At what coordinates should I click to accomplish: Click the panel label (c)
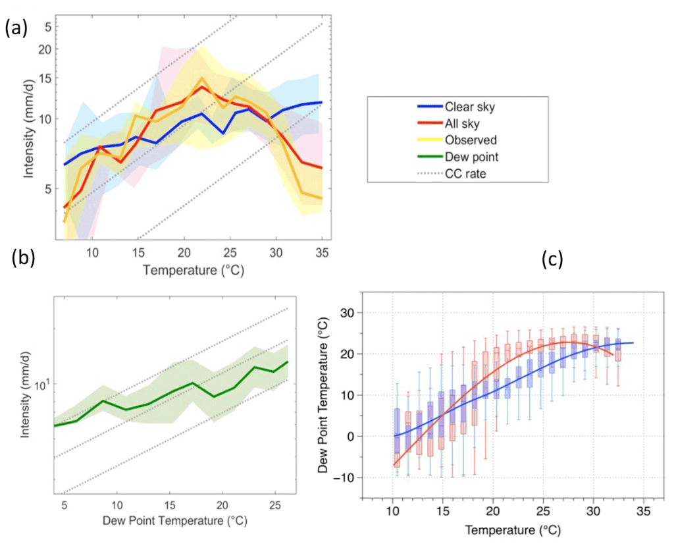click(552, 259)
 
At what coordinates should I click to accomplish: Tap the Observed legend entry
click(470, 140)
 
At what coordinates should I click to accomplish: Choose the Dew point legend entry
click(471, 157)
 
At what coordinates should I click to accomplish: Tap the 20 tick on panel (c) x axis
click(493, 511)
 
